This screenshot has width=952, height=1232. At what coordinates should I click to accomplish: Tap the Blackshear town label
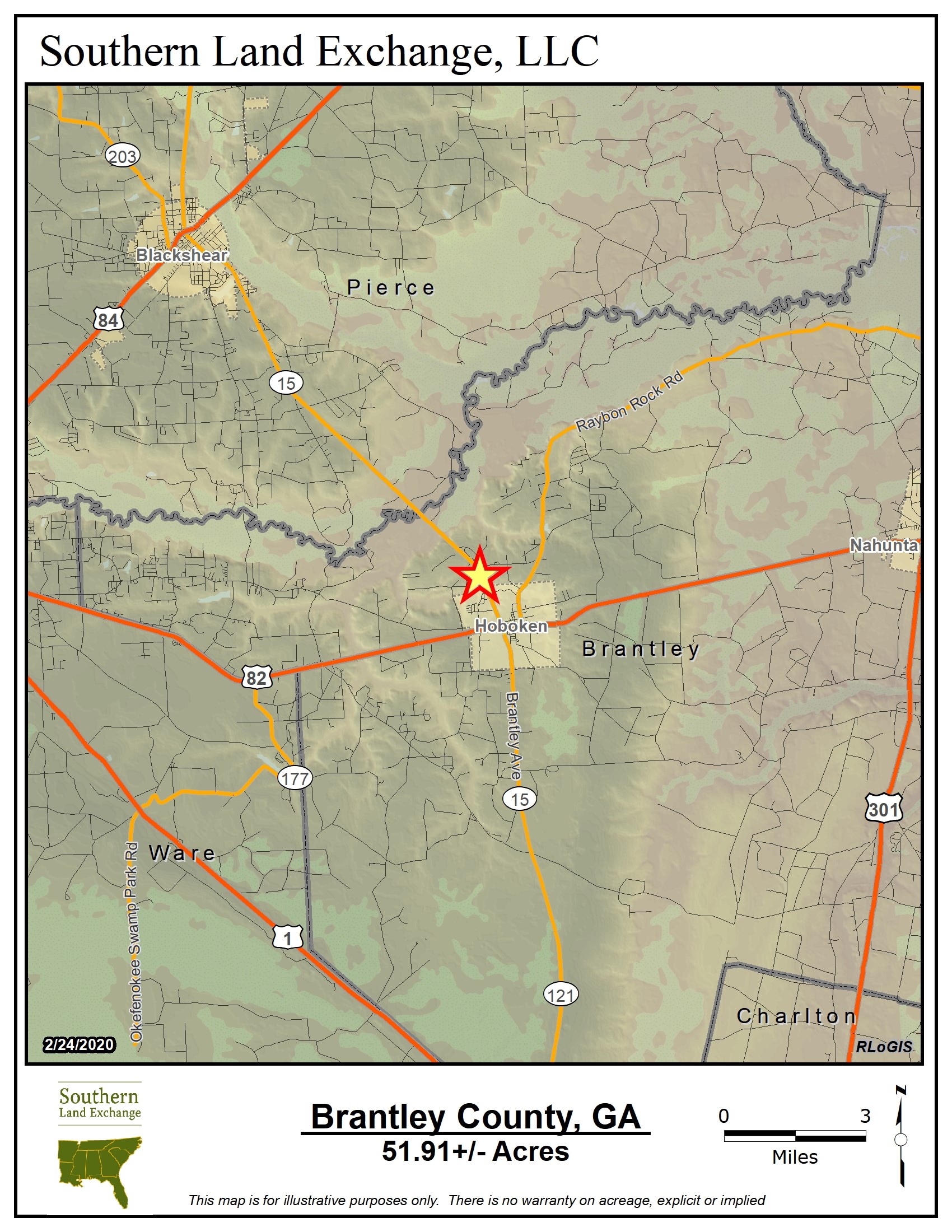click(x=181, y=255)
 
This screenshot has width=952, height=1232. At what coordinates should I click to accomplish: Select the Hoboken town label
click(x=511, y=626)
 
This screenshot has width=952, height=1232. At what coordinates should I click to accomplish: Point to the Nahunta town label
click(x=883, y=545)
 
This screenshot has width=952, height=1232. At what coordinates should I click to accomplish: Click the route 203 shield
click(x=123, y=156)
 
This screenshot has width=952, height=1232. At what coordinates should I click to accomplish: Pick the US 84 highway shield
click(x=108, y=320)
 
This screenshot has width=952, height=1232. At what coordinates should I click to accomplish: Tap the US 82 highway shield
click(x=257, y=678)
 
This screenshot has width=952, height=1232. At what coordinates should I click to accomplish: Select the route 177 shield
click(x=295, y=778)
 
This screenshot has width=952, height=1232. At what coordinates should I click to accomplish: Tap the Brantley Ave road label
click(x=513, y=736)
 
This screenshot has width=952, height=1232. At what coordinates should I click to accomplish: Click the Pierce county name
click(x=390, y=288)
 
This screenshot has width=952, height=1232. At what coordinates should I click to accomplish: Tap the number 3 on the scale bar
click(x=865, y=1116)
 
